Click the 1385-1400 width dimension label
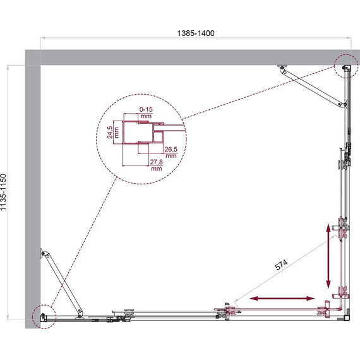[x=196, y=33]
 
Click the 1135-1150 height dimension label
[x=3, y=192]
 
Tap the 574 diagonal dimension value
[x=281, y=265]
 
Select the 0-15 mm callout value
[x=146, y=112]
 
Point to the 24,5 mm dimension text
[x=113, y=132]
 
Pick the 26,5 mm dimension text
[x=171, y=152]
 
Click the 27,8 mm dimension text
[x=157, y=165]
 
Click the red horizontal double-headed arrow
[x=282, y=298]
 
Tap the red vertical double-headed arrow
[x=328, y=256]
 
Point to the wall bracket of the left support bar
[x=43, y=253]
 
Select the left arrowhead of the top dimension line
[x=43, y=38]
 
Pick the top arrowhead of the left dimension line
[x=8, y=68]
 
